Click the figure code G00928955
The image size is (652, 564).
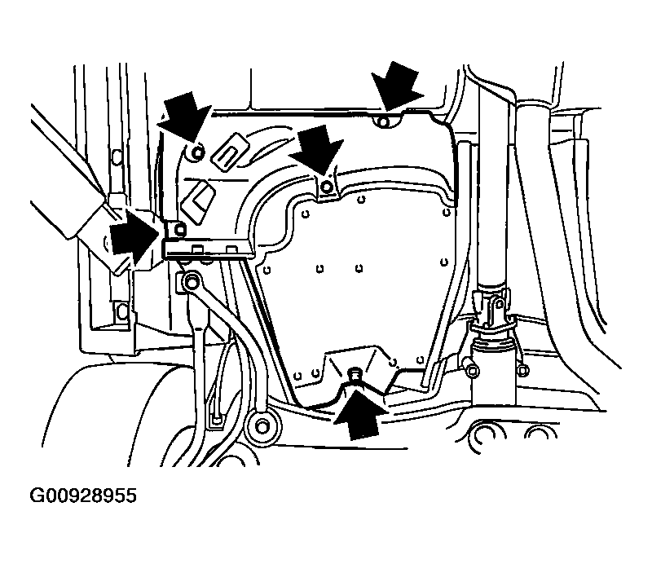coord(83,496)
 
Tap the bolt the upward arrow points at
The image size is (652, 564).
coord(355,372)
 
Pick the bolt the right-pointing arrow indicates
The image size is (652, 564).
coord(179,229)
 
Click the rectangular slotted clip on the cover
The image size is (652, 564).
coord(230,151)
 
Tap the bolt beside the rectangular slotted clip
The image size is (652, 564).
coord(198,153)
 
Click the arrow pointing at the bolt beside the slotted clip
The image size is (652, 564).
coord(185,116)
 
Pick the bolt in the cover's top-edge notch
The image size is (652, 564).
coord(384,122)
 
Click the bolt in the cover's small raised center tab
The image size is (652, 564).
coord(328,187)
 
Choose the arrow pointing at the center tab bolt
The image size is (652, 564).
coord(317,151)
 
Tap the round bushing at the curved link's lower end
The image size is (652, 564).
coord(262,427)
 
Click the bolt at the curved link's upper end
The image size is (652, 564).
coord(191,283)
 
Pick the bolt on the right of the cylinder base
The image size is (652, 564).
coord(523,369)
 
